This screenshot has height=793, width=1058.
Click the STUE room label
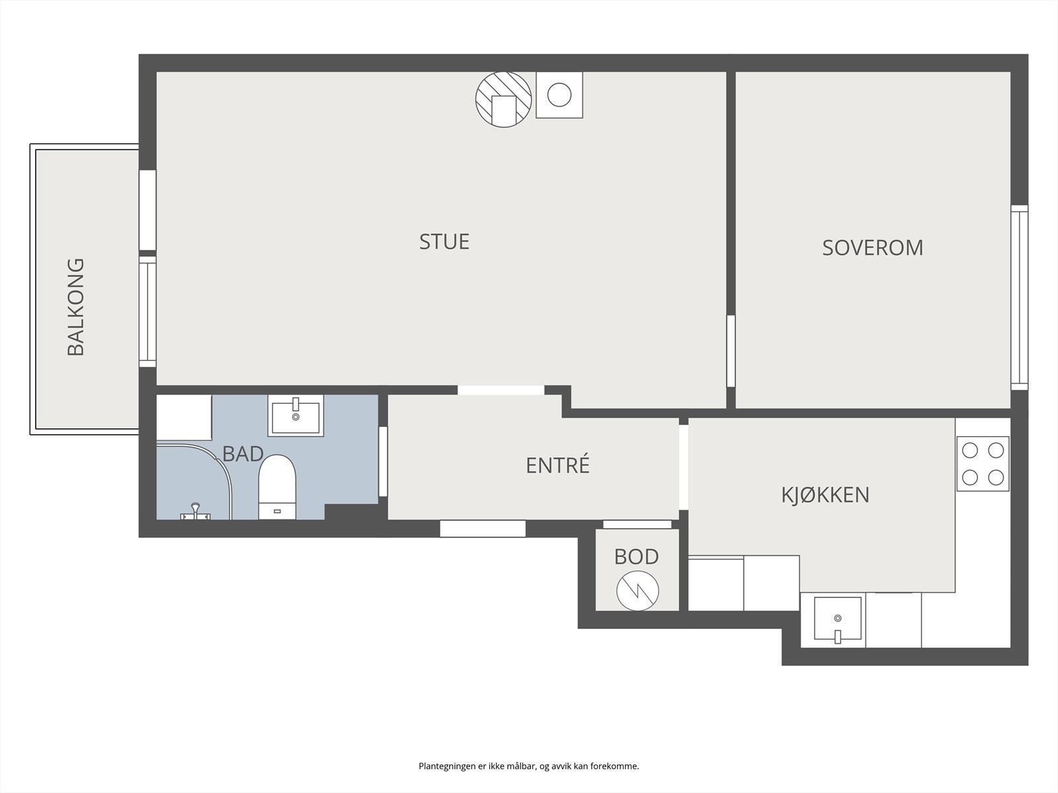click(444, 242)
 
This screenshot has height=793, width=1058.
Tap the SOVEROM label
click(872, 248)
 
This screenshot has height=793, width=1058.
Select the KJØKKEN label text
click(825, 495)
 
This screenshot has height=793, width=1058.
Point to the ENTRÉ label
click(557, 465)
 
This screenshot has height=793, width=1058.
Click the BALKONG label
click(75, 307)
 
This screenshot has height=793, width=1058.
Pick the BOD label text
click(636, 556)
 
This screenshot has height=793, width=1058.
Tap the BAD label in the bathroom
click(243, 454)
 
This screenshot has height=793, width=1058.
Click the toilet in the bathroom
click(277, 487)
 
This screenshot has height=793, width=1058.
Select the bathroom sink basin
click(296, 416)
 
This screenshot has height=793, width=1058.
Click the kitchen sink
click(838, 619)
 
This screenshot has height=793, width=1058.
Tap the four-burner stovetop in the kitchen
click(983, 464)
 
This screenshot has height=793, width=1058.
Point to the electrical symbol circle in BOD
click(637, 591)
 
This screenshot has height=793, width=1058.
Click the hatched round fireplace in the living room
click(504, 100)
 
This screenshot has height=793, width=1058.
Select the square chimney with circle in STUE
click(559, 95)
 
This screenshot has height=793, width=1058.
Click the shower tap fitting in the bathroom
click(195, 511)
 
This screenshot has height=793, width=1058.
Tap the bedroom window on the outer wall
click(1019, 297)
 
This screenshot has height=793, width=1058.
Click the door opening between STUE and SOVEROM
click(731, 350)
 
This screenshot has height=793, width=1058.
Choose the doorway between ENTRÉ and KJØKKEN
click(684, 467)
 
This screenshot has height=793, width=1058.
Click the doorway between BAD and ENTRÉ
click(383, 461)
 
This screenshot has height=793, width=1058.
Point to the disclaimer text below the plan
click(529, 766)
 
